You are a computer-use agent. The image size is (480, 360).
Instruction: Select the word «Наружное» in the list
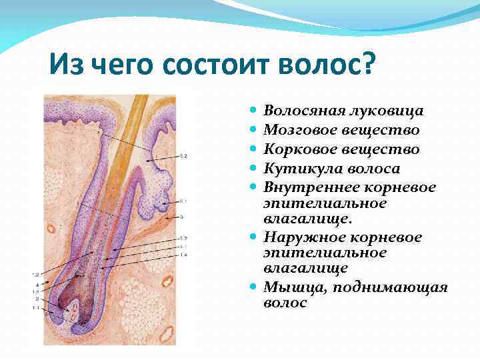(297, 237)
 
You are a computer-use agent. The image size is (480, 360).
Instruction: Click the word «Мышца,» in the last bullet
(288, 287)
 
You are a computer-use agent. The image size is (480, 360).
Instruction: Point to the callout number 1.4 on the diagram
(183, 255)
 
